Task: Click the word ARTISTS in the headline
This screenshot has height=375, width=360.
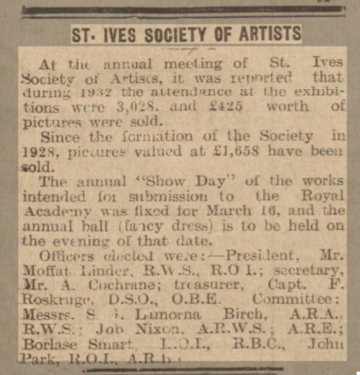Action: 263,35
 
